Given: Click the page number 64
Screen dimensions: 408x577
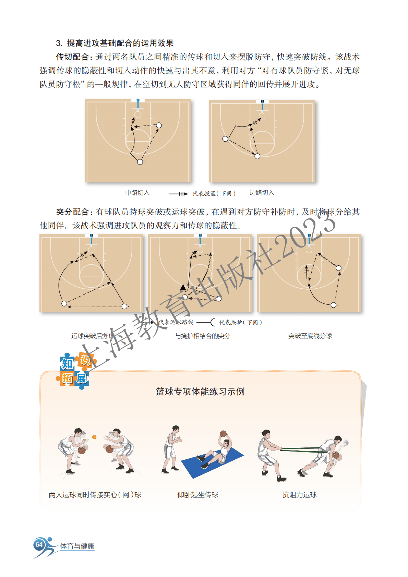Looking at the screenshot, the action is click(39, 544).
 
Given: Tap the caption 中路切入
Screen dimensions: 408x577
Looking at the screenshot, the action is click(137, 193).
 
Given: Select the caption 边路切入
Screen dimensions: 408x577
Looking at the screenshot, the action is click(262, 193).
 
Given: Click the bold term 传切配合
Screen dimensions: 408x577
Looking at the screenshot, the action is click(72, 57).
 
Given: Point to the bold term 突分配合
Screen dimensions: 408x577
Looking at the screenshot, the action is click(72, 212).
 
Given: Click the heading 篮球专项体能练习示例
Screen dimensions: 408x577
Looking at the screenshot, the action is click(200, 392).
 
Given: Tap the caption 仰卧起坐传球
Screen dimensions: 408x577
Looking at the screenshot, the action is click(198, 495).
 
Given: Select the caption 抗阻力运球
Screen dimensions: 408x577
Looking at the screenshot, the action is click(300, 495).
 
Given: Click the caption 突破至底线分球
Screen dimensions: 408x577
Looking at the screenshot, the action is click(310, 336).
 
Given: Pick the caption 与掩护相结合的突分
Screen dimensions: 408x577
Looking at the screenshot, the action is click(202, 336).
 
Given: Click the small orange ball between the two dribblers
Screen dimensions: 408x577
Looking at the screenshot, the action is click(94, 437).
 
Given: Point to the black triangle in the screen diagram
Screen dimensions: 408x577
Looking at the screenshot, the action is click(183, 287).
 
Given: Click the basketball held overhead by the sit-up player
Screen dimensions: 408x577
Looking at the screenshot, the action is click(223, 434).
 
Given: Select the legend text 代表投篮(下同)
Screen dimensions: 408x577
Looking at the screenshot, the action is click(214, 193).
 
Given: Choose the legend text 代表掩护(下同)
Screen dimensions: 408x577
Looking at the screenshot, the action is click(240, 322).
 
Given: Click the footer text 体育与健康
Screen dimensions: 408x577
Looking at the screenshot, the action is click(77, 546).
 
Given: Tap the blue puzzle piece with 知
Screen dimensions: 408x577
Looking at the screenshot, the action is click(67, 364).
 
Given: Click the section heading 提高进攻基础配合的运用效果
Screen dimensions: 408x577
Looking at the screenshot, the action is click(120, 43).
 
